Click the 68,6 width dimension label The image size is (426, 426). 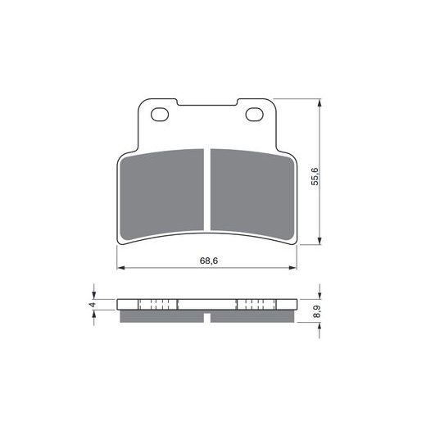pos(209,261)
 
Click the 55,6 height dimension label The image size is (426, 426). pos(315,176)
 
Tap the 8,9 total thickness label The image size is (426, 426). pos(316,311)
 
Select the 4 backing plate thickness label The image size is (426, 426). pos(93,304)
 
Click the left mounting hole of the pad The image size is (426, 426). pos(160,115)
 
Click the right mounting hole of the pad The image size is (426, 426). pos(254,115)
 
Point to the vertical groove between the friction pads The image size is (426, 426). pos(207,189)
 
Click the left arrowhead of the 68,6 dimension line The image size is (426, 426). pos(120,268)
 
